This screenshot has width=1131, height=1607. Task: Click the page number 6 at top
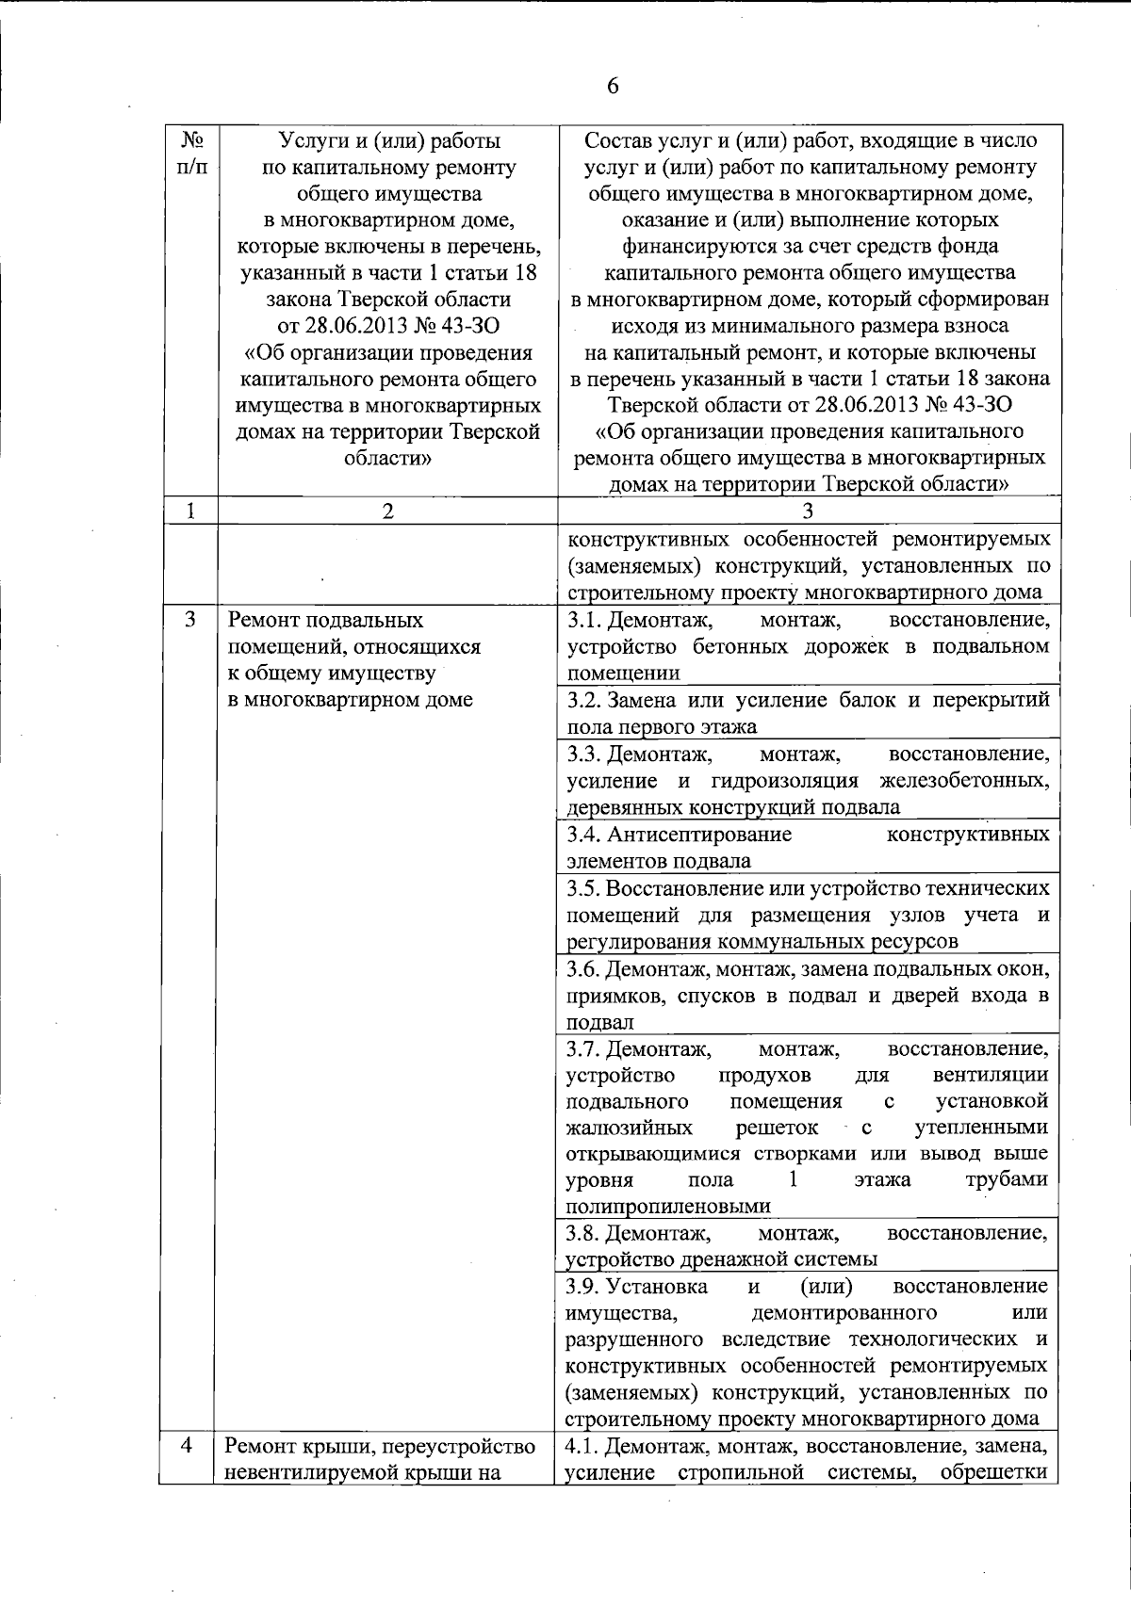pos(613,86)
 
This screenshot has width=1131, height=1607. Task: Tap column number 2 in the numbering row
pos(387,511)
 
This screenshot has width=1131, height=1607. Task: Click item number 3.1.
pos(583,621)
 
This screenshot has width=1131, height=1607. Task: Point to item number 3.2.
pos(583,701)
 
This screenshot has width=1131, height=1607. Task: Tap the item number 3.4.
pos(583,835)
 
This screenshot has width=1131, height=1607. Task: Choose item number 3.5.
pos(582,888)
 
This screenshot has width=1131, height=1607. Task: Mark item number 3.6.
pos(583,969)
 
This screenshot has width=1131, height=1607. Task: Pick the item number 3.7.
pos(583,1048)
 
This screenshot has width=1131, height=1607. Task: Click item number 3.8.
pos(583,1233)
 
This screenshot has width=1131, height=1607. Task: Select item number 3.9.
pos(583,1287)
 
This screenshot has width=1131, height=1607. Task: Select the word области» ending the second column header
pos(387,459)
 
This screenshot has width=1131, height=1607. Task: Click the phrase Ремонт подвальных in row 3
pos(325,621)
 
